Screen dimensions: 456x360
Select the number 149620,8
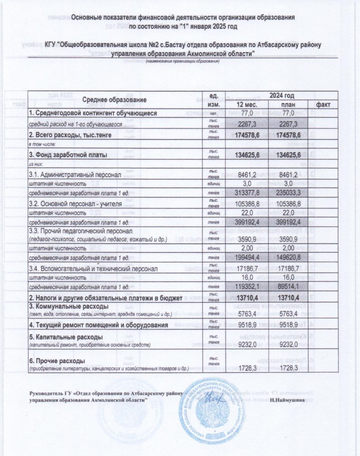coord(285,258)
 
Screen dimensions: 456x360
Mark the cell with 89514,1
coord(285,287)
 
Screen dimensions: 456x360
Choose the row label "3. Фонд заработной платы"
coord(68,155)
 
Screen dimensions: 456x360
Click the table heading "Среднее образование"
coord(115,100)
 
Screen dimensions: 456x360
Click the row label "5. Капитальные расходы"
coord(66,337)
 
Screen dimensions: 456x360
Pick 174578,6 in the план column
coord(285,135)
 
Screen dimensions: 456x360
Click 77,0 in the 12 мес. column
coord(248,113)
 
